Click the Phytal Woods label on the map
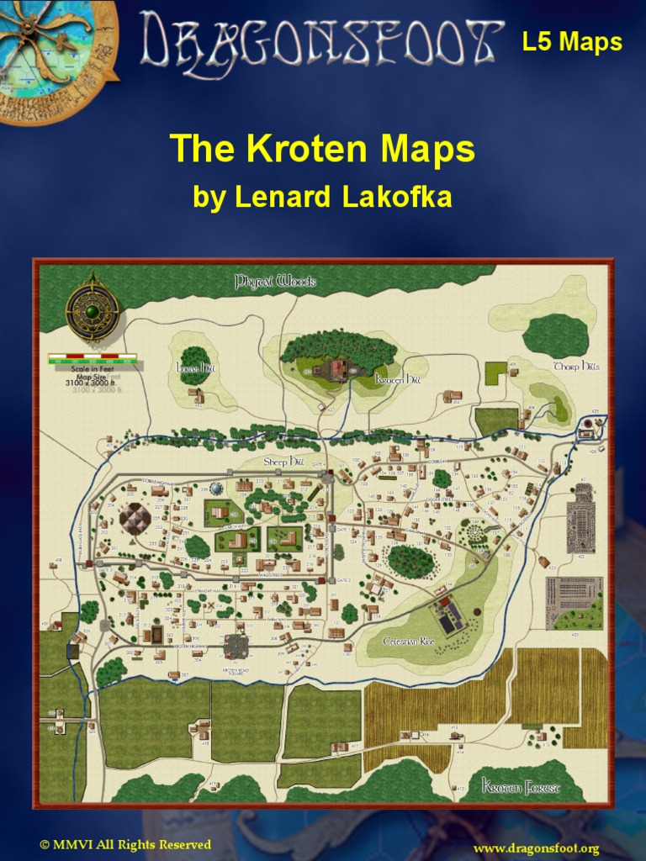pos(274,281)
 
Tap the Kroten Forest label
pos(521,787)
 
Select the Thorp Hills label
pos(576,367)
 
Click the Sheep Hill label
pos(283,462)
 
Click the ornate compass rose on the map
pos(93,311)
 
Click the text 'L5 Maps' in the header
pos(572,42)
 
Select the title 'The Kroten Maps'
pos(322,150)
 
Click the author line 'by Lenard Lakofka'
pos(322,197)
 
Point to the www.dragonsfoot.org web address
pos(536,848)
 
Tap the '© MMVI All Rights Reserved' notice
pos(125,844)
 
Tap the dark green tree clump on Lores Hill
pos(194,364)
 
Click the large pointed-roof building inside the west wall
pos(135,519)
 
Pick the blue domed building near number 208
pos(217,488)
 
